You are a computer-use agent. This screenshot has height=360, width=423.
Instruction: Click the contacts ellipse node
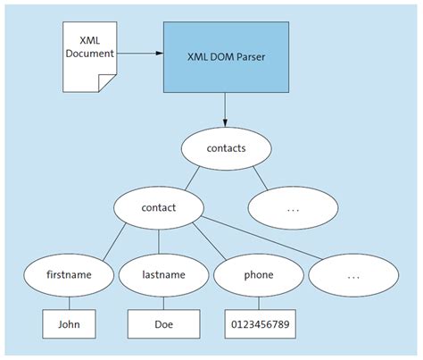point(225,148)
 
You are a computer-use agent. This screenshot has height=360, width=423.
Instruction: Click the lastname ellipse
point(158,276)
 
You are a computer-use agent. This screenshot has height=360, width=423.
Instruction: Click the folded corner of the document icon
point(108,81)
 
